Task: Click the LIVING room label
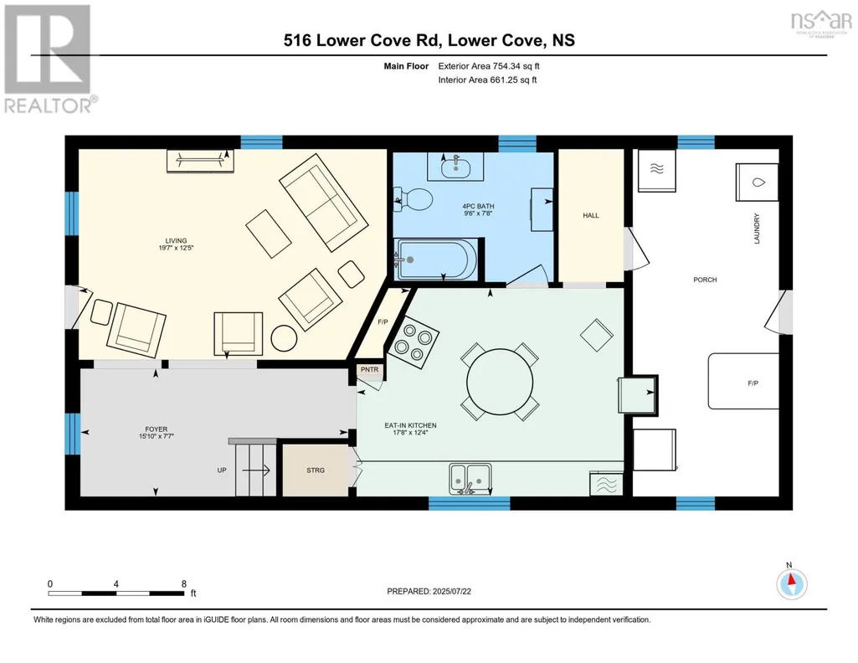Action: (x=176, y=241)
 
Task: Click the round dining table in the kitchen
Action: (x=500, y=382)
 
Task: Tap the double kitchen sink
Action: (x=470, y=479)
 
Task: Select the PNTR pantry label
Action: (x=369, y=370)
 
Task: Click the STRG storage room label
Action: (x=316, y=470)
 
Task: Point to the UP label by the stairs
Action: (x=222, y=470)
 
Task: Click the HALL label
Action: (x=591, y=215)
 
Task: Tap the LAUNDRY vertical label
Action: (x=757, y=229)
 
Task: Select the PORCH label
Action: (x=705, y=280)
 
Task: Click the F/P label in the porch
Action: (x=753, y=383)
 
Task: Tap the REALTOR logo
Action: (x=49, y=59)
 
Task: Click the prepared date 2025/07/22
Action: (x=451, y=591)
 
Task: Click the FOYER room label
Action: (x=157, y=429)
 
